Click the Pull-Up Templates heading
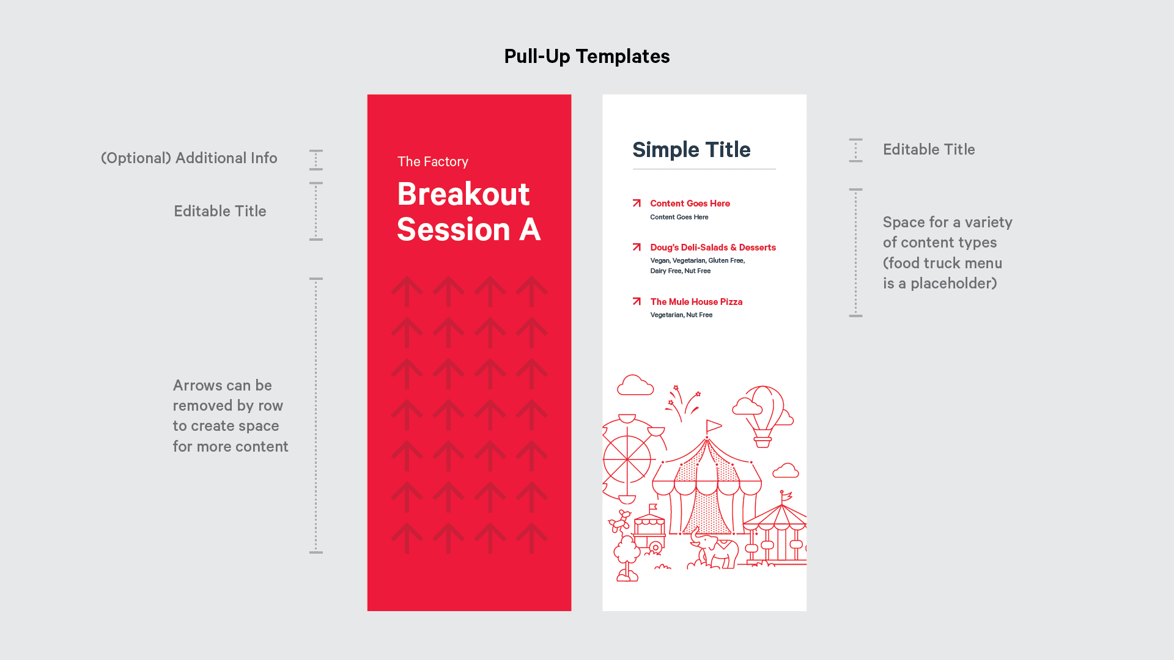click(x=587, y=56)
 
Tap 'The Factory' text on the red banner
click(x=433, y=161)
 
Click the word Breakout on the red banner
click(x=463, y=194)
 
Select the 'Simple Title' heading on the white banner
click(x=692, y=150)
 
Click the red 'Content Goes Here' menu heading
click(x=690, y=204)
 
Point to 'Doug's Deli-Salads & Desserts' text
click(x=713, y=248)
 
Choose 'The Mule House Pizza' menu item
click(x=696, y=302)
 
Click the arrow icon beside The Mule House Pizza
click(x=637, y=301)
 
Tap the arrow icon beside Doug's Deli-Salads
click(x=637, y=247)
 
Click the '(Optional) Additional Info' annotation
click(x=189, y=158)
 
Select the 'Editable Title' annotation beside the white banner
click(x=929, y=150)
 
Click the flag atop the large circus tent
click(x=713, y=425)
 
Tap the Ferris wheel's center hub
click(x=627, y=458)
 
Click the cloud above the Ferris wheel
click(x=635, y=385)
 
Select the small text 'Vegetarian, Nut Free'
click(x=681, y=315)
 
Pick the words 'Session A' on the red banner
click(x=469, y=230)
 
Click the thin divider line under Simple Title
click(x=704, y=169)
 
